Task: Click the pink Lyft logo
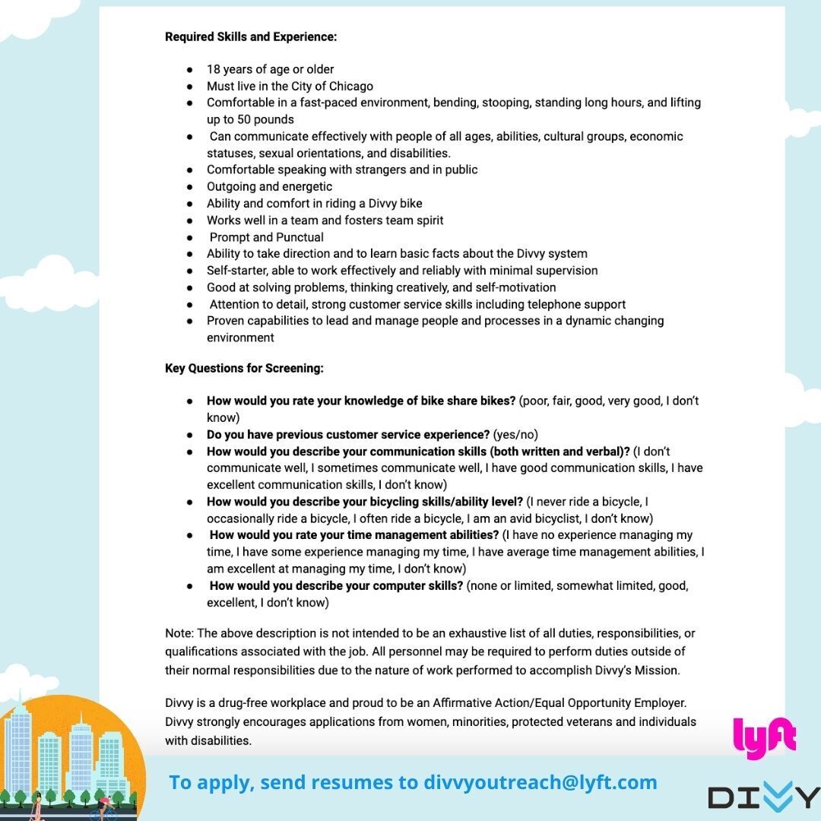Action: (764, 737)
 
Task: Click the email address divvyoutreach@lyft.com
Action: (540, 782)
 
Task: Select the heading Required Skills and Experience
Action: (251, 36)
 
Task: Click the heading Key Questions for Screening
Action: (244, 369)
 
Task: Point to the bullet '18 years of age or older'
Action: (270, 69)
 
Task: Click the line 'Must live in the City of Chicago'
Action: (290, 86)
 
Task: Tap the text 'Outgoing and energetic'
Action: (269, 186)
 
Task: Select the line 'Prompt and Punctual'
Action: (266, 237)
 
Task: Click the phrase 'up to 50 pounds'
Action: (250, 119)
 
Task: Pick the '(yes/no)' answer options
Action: (515, 435)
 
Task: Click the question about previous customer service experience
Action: (348, 435)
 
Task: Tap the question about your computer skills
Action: (336, 586)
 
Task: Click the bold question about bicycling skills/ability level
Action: (365, 502)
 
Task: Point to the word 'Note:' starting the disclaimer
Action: (179, 633)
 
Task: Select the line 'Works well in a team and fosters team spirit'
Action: (325, 220)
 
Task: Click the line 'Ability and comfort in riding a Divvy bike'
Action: (314, 204)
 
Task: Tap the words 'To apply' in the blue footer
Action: (199, 782)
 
